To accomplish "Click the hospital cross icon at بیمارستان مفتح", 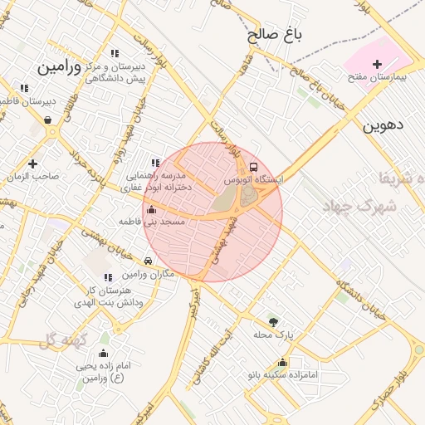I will pos(378,64).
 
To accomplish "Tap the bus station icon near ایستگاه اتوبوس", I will pos(254,167).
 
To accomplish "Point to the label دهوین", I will pos(383,125).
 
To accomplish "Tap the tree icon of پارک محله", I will pos(273,322).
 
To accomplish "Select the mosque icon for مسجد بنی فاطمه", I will pos(150,210).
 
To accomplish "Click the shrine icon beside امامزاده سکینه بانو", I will pos(283,363).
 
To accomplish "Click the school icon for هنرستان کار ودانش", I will pos(107,277).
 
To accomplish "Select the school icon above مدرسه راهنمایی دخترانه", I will pos(155,164).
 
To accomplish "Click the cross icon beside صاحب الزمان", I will pos(32,164).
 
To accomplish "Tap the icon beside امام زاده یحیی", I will pos(104,353).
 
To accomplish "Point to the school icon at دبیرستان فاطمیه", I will pos(23,88).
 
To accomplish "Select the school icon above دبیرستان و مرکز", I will pos(115,54).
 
